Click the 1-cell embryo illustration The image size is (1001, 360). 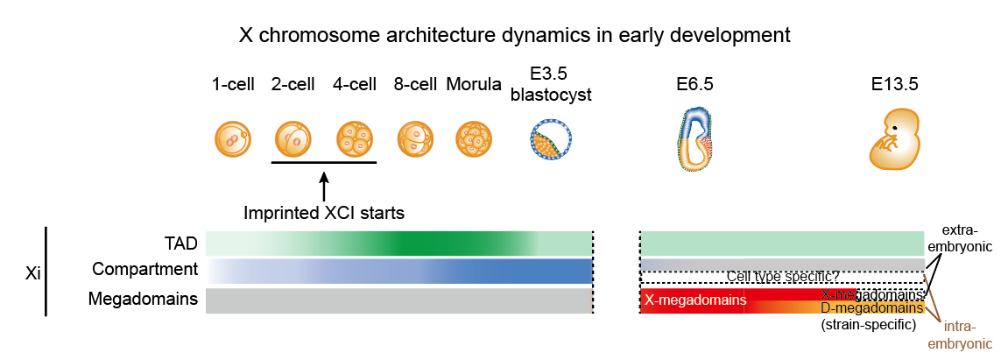pos(232,139)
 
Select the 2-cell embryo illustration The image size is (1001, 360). pos(293,139)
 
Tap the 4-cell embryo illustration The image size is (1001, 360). pos(355,139)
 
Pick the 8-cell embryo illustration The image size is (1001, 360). pos(415,139)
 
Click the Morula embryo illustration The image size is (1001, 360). pos(473,139)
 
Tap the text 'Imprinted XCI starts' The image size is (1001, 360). pos(324,212)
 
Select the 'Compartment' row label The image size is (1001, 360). pos(145,269)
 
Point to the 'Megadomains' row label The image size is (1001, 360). pos(143,300)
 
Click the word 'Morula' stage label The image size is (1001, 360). pos(473,85)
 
